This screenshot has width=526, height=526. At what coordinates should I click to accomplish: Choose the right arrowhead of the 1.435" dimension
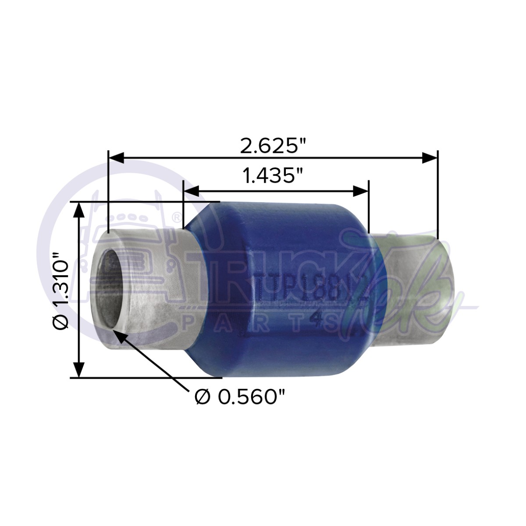click(x=361, y=191)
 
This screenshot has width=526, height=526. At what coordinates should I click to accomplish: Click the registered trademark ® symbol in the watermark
click(x=176, y=216)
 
